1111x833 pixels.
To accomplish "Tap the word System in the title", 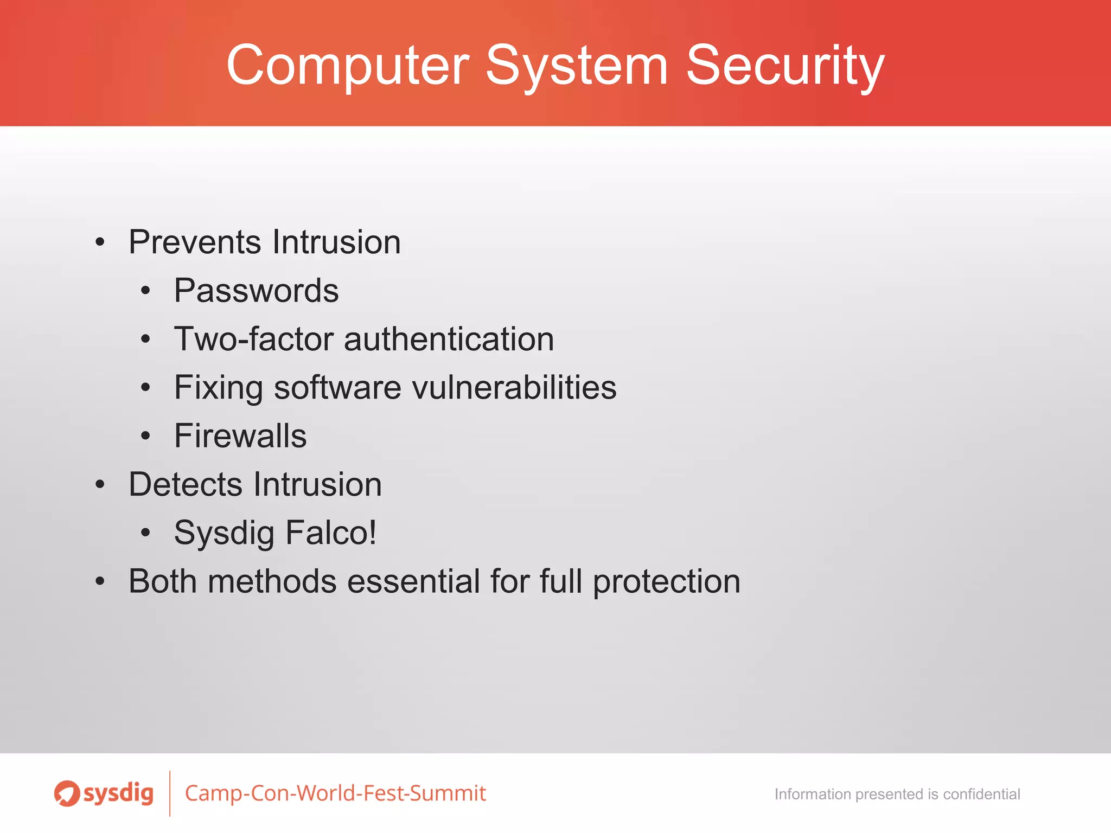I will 576,66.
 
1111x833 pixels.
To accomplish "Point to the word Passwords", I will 256,291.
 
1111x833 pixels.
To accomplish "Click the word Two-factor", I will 254,339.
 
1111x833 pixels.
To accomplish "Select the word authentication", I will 449,339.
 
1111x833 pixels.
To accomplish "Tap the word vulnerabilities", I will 514,387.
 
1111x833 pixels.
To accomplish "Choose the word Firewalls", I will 240,435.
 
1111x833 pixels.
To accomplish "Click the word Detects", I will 186,484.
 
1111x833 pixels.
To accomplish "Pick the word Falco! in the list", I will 331,533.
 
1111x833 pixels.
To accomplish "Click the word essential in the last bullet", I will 413,581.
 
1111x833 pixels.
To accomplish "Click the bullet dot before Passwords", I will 145,291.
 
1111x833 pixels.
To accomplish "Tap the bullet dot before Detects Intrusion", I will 100,484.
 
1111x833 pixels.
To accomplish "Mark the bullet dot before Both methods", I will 100,581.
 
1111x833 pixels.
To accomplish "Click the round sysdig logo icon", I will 67,793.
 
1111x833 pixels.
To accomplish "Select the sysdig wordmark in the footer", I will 118,794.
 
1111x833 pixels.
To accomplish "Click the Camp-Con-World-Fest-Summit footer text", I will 335,793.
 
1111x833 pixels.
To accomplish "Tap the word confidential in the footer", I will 981,794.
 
